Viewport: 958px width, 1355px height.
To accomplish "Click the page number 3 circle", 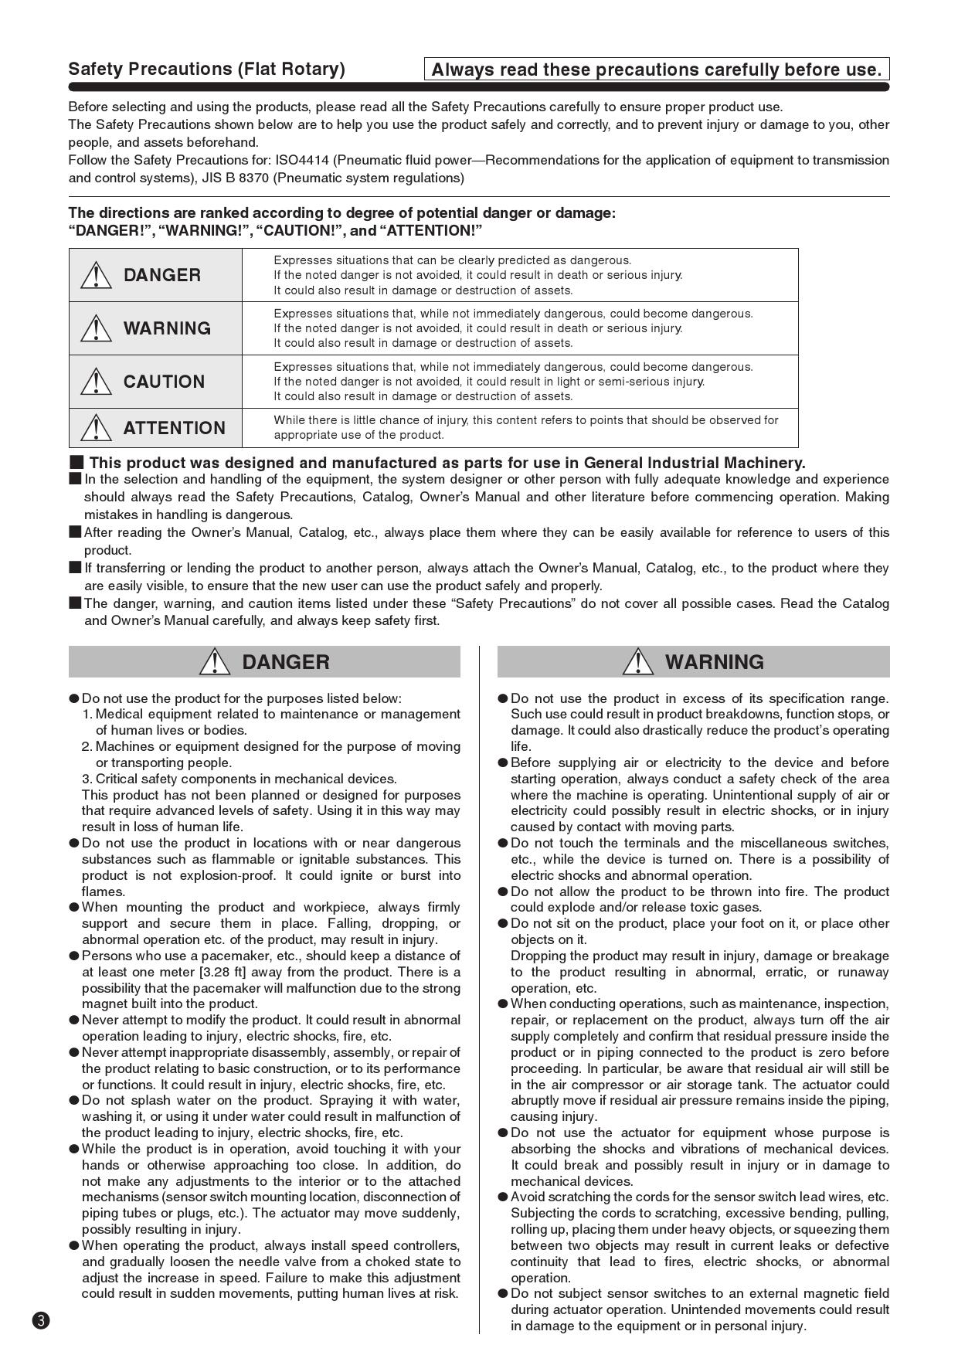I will click(41, 1320).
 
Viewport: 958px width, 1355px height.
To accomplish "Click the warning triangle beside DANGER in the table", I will click(96, 275).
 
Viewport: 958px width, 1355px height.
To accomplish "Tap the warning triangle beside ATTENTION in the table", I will click(96, 427).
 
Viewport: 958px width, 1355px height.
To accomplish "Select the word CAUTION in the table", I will click(164, 382).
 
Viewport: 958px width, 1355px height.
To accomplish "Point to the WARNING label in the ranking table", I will click(167, 328).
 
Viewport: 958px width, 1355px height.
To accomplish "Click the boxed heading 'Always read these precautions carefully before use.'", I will click(656, 70).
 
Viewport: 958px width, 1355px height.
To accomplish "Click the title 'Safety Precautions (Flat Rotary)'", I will click(206, 69).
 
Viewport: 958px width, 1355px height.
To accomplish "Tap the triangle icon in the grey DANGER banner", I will click(214, 662).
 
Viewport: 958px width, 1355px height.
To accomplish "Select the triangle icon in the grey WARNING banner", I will click(637, 662).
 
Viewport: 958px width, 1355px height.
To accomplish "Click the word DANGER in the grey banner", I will click(285, 662).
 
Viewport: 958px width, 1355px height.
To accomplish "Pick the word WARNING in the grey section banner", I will click(714, 662).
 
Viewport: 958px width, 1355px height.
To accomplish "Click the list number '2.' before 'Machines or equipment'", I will click(87, 746).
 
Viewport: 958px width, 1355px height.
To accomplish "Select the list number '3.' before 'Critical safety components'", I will click(87, 779).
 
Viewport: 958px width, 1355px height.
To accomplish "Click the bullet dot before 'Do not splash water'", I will click(74, 1100).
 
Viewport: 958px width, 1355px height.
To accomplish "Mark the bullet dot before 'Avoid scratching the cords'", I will click(503, 1197).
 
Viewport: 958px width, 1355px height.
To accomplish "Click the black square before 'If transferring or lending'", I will click(75, 568).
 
